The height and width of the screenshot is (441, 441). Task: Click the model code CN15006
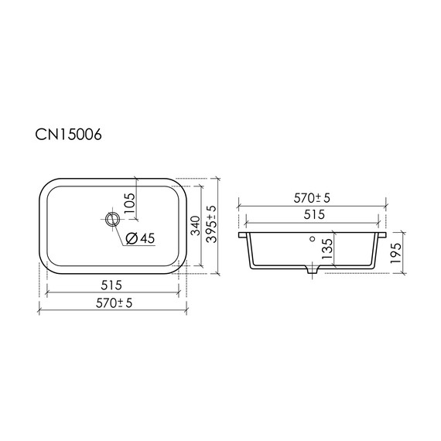(x=69, y=135)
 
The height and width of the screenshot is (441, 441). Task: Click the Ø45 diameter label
(x=140, y=238)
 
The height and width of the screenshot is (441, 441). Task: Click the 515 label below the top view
(x=112, y=285)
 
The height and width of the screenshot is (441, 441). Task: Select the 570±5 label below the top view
(x=112, y=303)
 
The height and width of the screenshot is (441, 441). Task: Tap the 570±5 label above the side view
(x=313, y=198)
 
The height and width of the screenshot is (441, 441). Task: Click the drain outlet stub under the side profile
(x=313, y=272)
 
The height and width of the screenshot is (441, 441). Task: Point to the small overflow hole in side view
(x=313, y=239)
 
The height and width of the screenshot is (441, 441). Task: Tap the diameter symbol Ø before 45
(x=131, y=238)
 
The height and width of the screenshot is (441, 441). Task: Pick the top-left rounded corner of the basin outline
(x=46, y=186)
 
